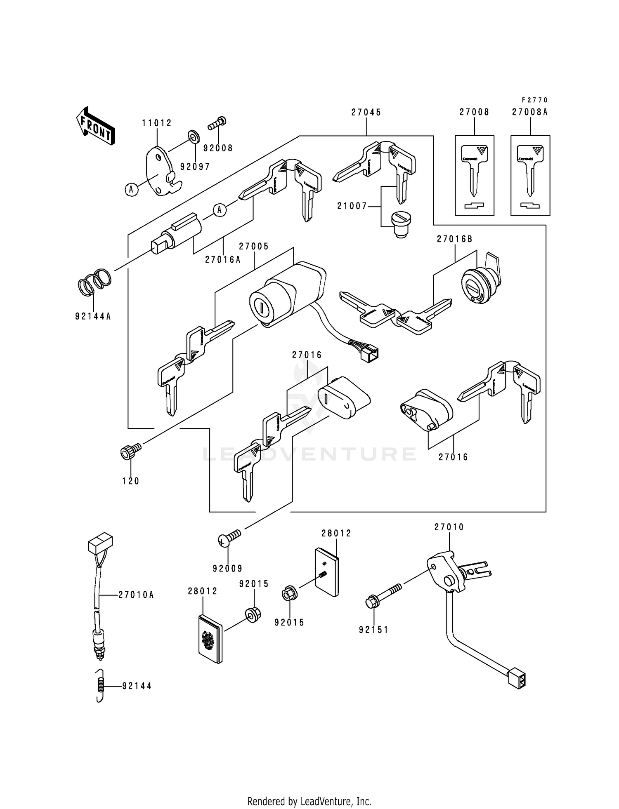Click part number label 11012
pyautogui.click(x=157, y=123)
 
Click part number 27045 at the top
pyautogui.click(x=366, y=112)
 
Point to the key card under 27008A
pyautogui.click(x=530, y=175)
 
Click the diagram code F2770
pyautogui.click(x=534, y=100)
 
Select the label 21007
pyautogui.click(x=352, y=206)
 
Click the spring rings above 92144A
pyautogui.click(x=95, y=282)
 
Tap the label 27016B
pyautogui.click(x=455, y=239)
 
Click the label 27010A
pyautogui.click(x=136, y=595)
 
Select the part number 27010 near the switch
pyautogui.click(x=449, y=527)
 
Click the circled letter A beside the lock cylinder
pyautogui.click(x=220, y=210)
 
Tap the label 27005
pyautogui.click(x=254, y=246)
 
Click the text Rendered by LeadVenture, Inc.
pyautogui.click(x=309, y=802)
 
